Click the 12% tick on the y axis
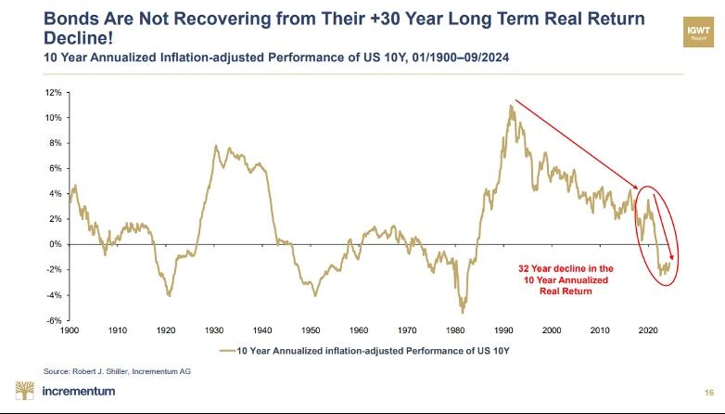tap(55, 93)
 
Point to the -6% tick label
tap(55, 320)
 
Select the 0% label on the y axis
tap(57, 244)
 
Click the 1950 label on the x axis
tap(311, 330)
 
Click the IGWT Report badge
tap(697, 34)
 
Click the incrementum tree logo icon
tap(25, 390)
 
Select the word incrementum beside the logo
tap(79, 391)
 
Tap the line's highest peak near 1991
tap(510, 105)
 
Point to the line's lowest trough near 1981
tap(462, 312)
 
